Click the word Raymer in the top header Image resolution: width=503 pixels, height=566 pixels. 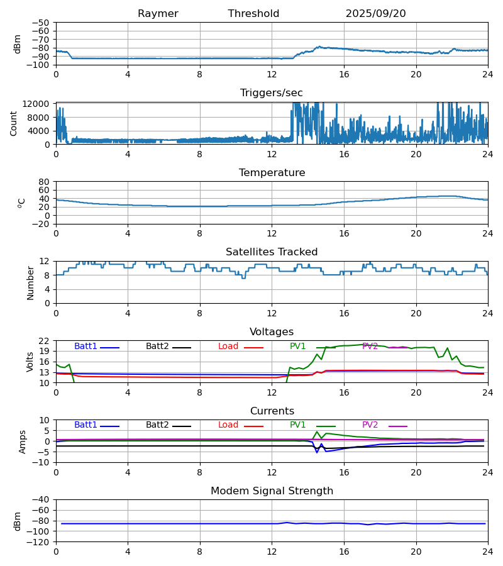click(x=158, y=14)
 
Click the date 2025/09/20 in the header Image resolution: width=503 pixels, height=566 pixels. click(x=375, y=14)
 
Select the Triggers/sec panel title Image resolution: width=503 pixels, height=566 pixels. click(x=272, y=93)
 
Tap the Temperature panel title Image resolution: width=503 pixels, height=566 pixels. click(x=272, y=173)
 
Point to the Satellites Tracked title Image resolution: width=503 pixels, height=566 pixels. click(x=272, y=252)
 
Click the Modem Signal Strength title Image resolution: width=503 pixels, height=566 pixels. click(x=272, y=491)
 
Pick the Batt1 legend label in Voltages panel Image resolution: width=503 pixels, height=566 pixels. click(x=86, y=347)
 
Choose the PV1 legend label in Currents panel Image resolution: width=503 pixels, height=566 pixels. click(x=297, y=425)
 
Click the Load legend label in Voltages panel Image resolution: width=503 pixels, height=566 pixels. click(x=228, y=347)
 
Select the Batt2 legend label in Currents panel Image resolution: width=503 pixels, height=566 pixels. click(x=157, y=425)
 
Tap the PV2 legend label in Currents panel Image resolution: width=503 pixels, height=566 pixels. click(x=370, y=425)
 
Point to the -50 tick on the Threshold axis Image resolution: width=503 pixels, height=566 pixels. click(x=42, y=23)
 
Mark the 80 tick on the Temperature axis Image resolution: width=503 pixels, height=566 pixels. click(x=44, y=182)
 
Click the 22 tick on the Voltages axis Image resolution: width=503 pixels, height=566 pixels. click(x=44, y=341)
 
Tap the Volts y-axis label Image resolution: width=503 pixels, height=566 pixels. click(x=30, y=362)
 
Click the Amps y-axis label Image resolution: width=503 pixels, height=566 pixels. click(x=23, y=441)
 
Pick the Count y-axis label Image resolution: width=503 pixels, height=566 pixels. click(x=14, y=123)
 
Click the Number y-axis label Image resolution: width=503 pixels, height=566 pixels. click(x=30, y=282)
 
